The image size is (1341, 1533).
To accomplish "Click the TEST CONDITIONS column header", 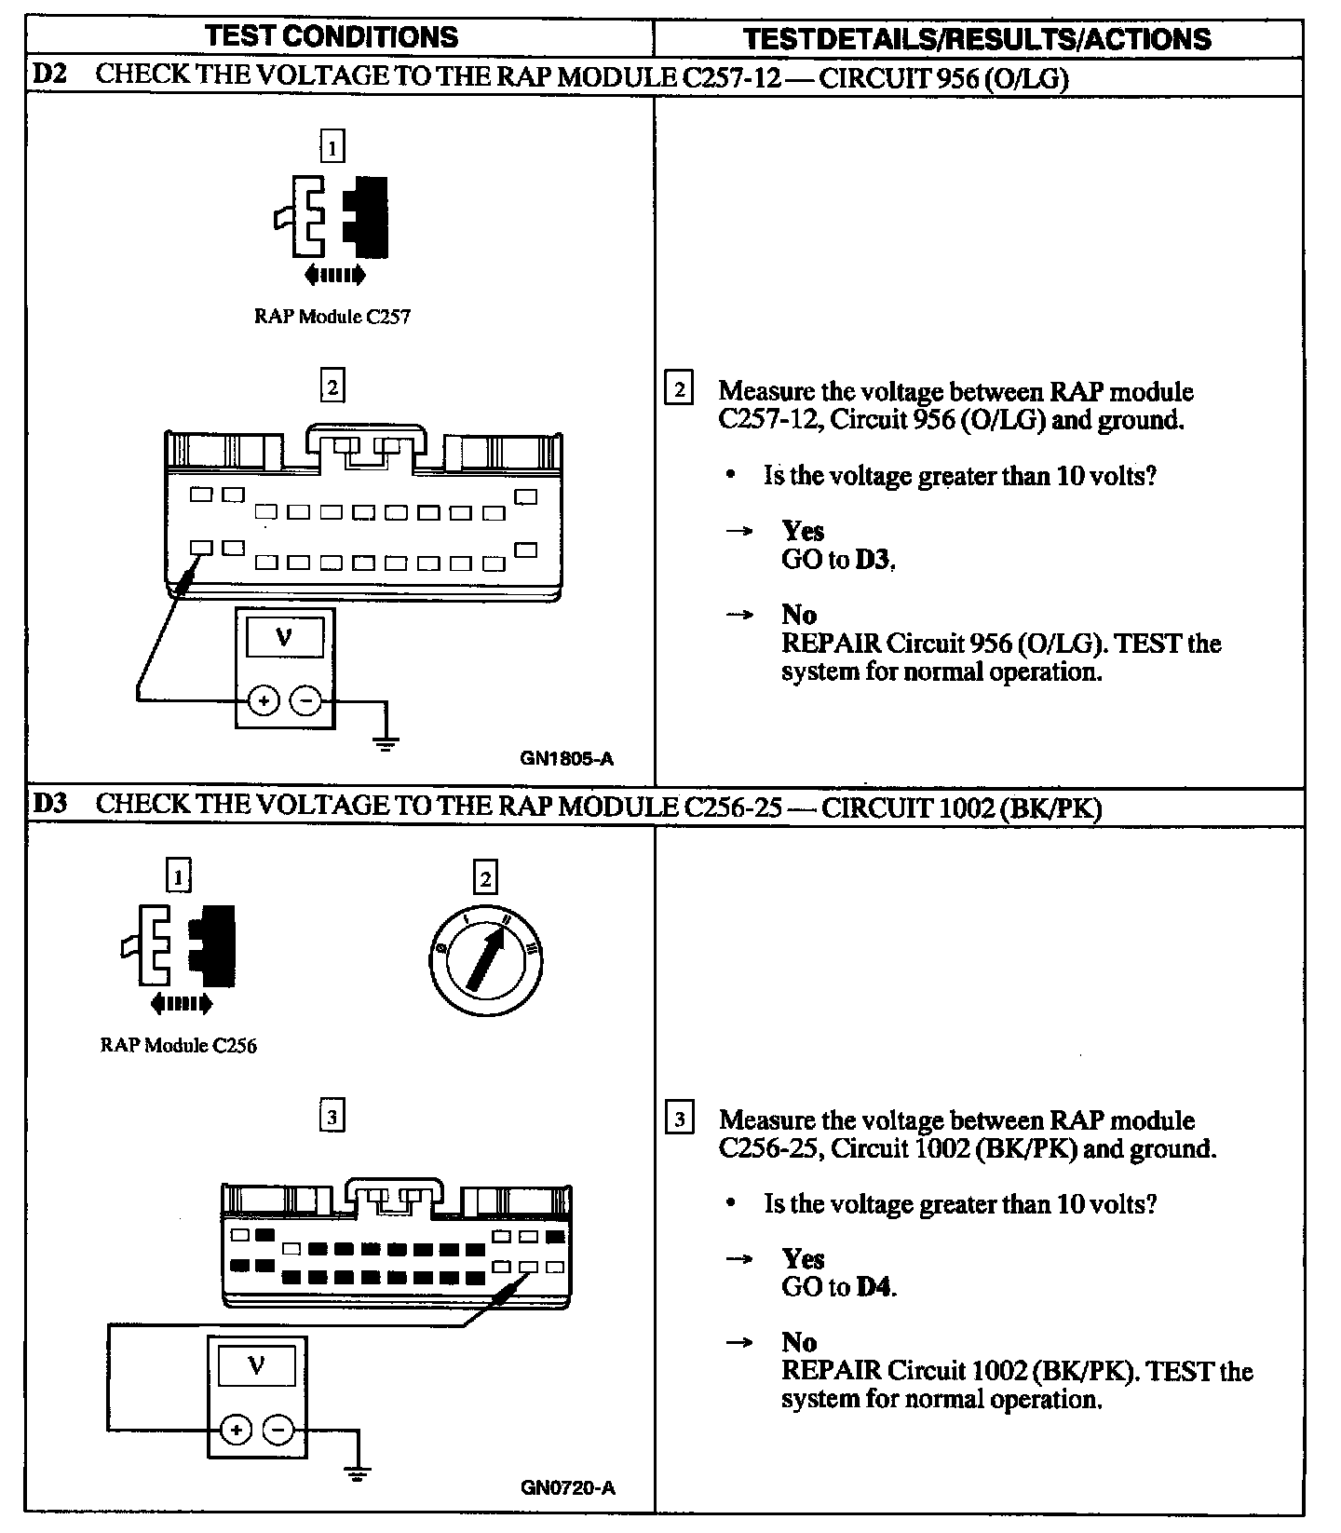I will (x=332, y=36).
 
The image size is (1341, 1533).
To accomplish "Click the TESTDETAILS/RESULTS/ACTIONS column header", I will (x=978, y=38).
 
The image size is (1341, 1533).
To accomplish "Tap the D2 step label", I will (x=49, y=75).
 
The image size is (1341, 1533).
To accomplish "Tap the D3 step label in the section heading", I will (x=49, y=803).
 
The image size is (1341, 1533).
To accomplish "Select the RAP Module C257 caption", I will (x=332, y=317).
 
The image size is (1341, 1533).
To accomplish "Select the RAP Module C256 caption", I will (x=178, y=1045).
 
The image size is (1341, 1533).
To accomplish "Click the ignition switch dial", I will (x=484, y=960).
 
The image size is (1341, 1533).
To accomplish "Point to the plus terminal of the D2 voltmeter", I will (x=264, y=700).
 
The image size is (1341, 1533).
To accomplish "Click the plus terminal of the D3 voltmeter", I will (x=237, y=1430).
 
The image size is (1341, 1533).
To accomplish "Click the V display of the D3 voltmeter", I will (x=257, y=1367).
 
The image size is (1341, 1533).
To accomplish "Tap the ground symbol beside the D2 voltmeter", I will (x=386, y=741).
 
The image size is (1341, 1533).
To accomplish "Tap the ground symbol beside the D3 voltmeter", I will (x=357, y=1472).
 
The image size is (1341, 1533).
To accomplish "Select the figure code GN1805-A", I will (x=566, y=758).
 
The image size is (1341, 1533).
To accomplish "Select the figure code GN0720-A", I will (x=567, y=1487).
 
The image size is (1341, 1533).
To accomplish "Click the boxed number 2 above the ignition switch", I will (x=484, y=877).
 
